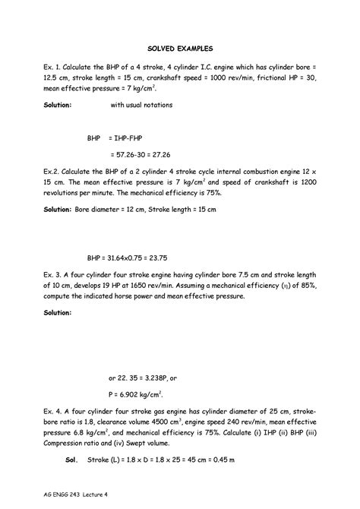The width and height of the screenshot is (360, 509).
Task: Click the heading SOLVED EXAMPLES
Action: point(179,46)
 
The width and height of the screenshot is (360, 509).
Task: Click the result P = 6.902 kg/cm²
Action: point(137,395)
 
